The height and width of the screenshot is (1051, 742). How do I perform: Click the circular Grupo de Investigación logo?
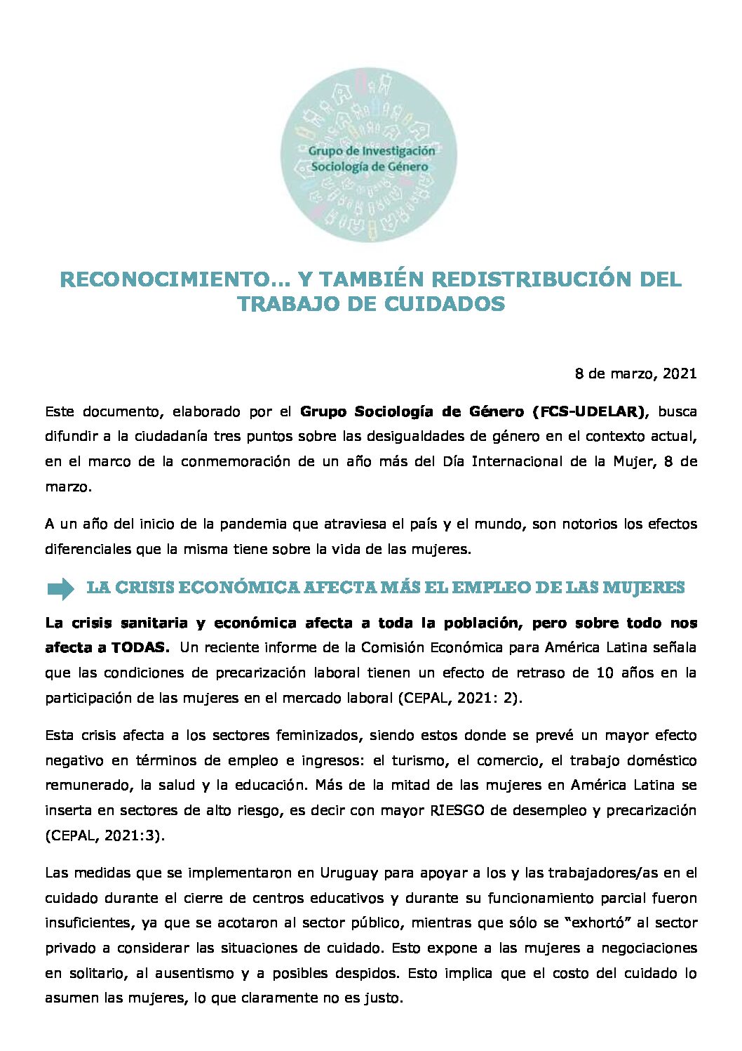pos(369,155)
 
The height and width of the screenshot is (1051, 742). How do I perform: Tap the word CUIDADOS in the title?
pos(444,304)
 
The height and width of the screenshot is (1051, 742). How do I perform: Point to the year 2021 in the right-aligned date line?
pos(680,374)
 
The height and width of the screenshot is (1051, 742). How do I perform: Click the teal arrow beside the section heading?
pos(61,588)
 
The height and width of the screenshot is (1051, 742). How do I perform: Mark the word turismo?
pos(419,760)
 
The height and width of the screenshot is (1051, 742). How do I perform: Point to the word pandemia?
pos(252,524)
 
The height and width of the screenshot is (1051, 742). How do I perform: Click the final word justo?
pos(382,998)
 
